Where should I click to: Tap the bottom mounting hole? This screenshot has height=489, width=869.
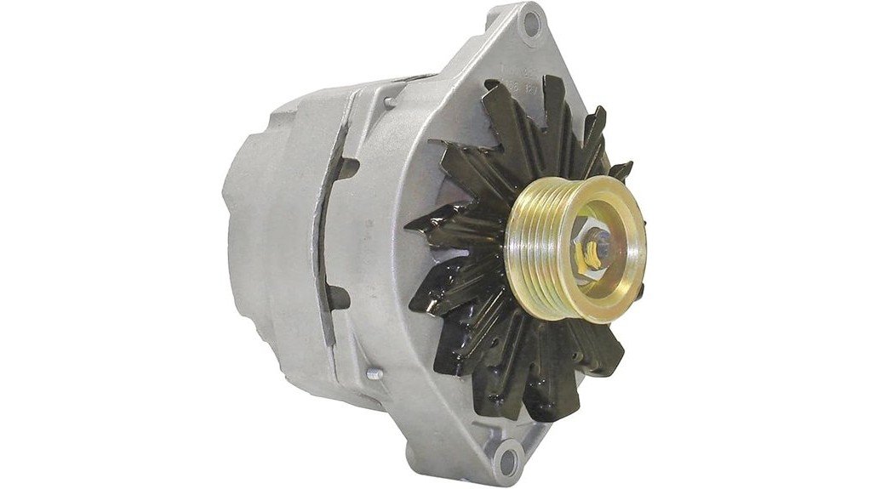[506, 463]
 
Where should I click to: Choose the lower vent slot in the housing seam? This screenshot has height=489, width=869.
[338, 297]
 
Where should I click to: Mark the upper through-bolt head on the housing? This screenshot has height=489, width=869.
[389, 103]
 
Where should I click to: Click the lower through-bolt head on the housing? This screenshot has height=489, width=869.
[372, 372]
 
